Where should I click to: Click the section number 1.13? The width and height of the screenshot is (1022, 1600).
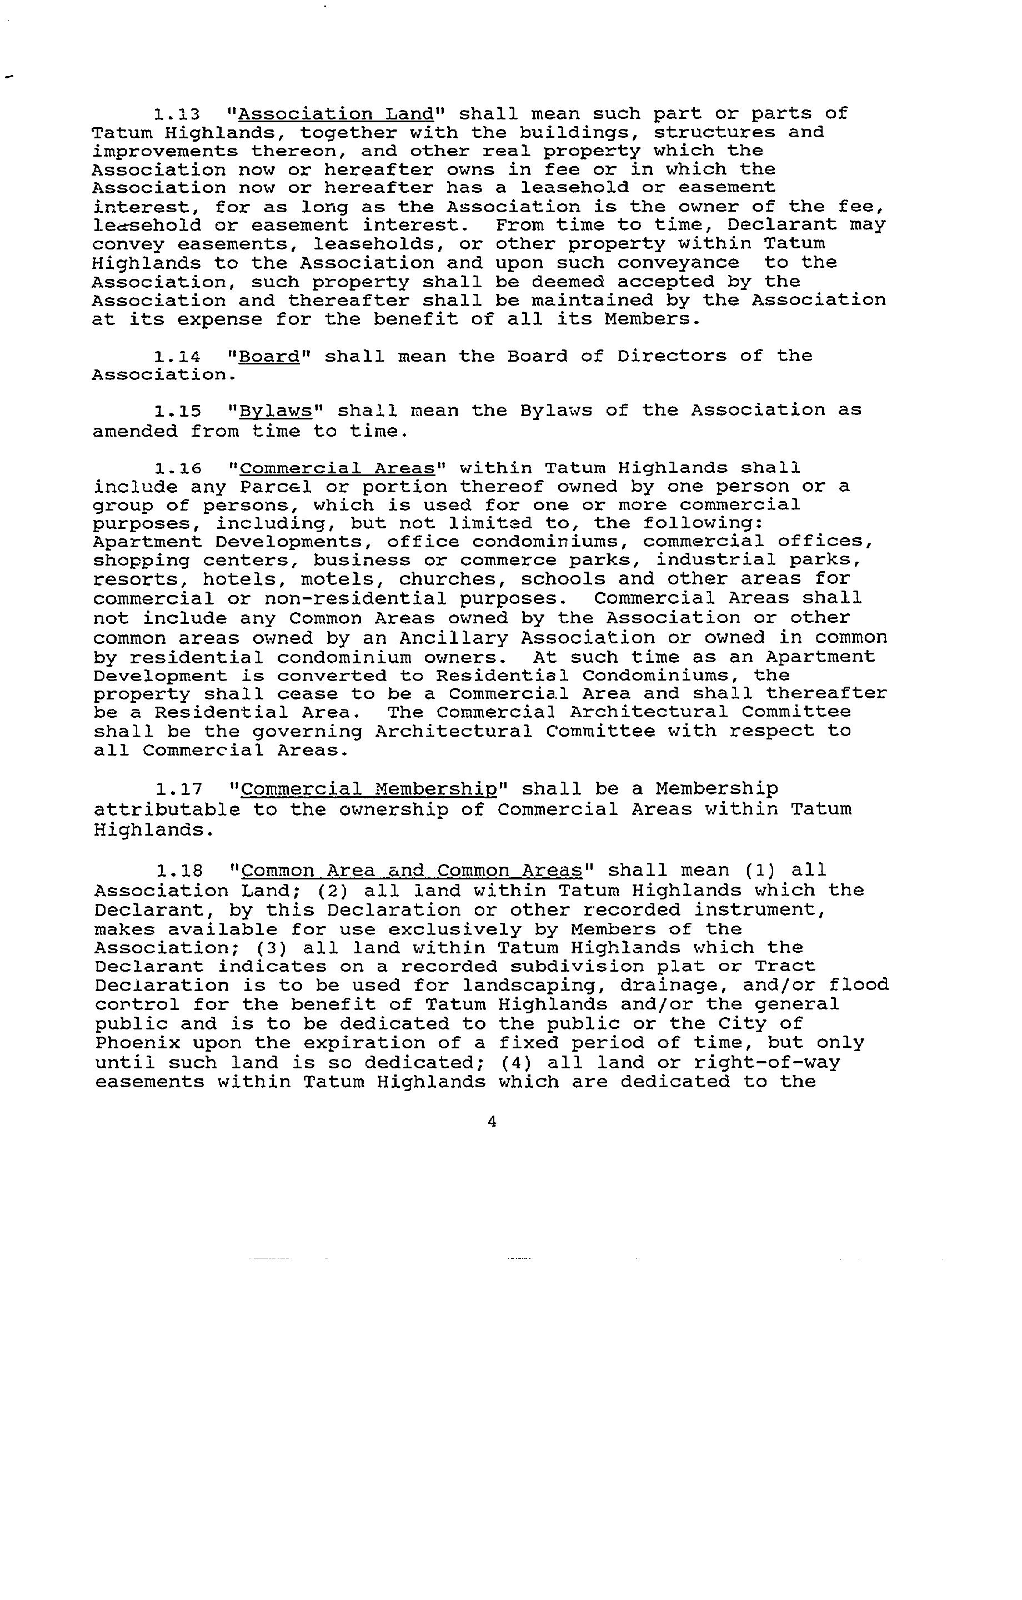tap(177, 114)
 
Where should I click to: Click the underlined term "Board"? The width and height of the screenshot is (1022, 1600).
tap(269, 357)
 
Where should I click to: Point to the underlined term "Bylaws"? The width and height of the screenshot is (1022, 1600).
tap(275, 411)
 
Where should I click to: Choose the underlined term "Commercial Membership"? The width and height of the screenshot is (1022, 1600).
tap(369, 790)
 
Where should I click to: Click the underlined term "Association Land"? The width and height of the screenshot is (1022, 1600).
tap(336, 114)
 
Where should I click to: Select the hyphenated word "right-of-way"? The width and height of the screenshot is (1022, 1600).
tap(767, 1062)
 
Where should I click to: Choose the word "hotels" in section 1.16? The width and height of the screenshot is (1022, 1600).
tap(244, 580)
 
